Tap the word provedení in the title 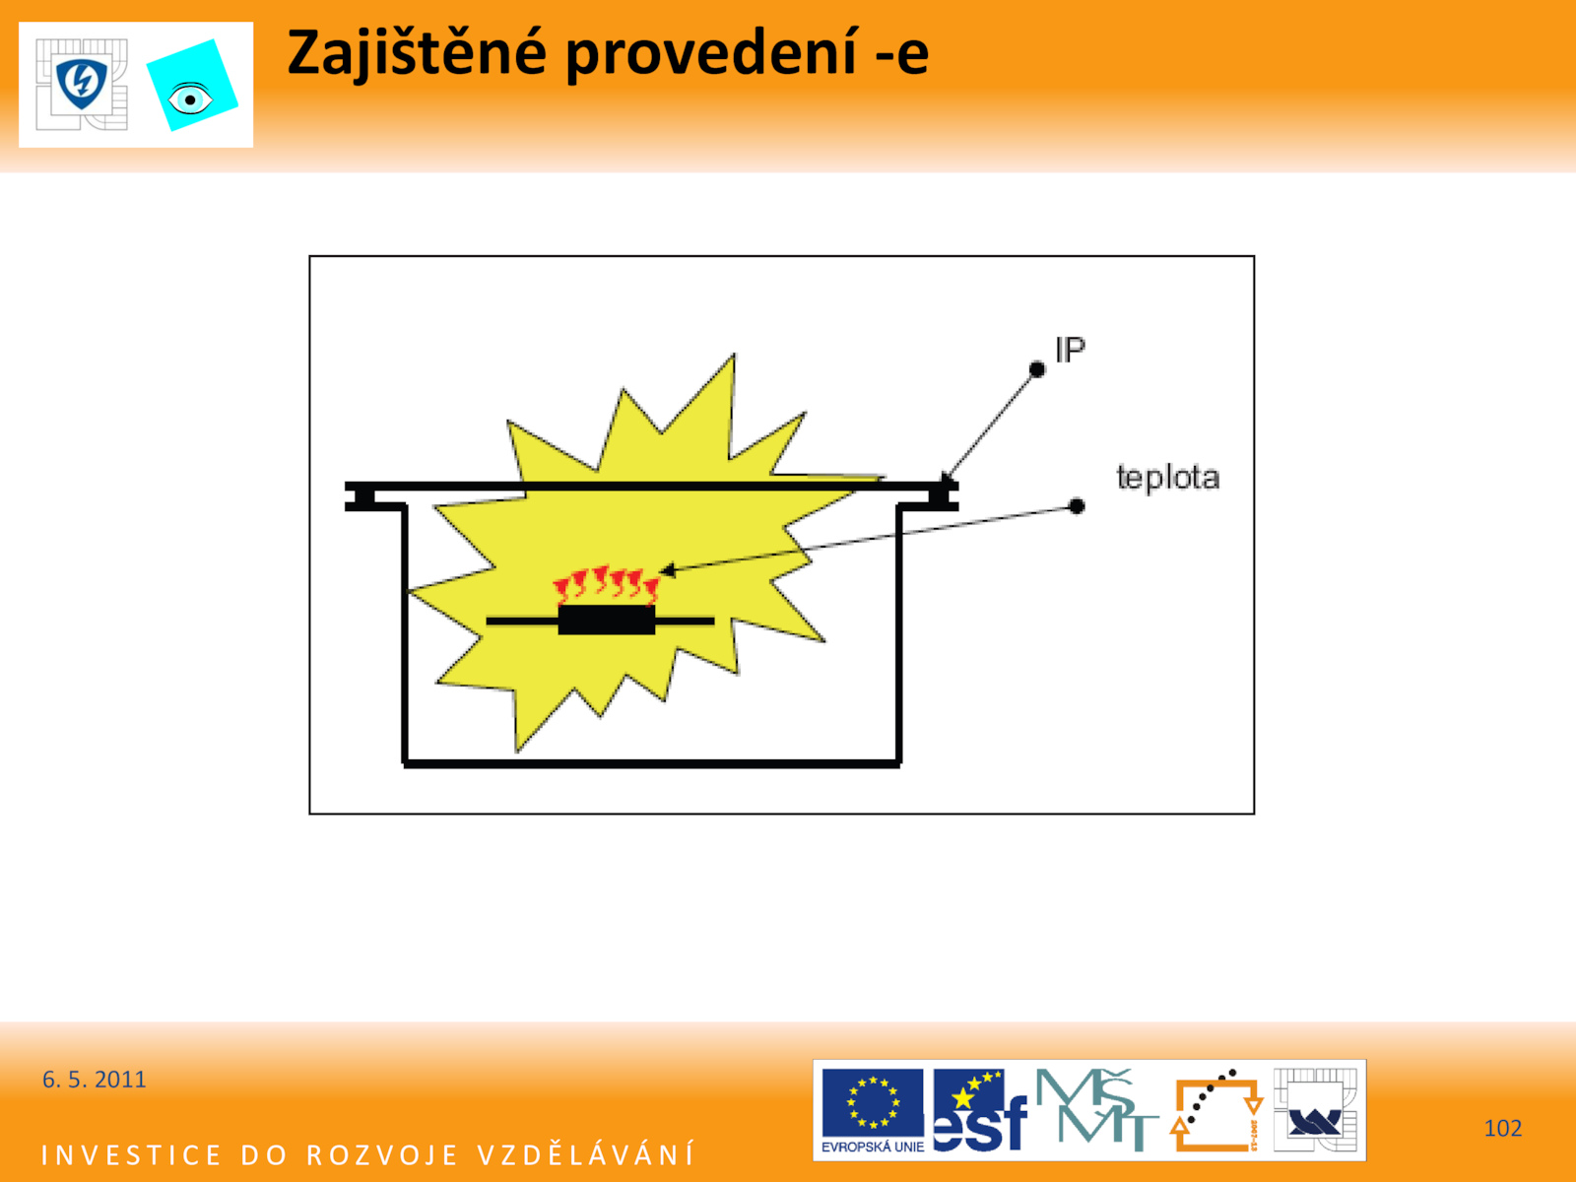711,54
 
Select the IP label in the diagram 1070,350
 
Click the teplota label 1167,478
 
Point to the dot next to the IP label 1037,369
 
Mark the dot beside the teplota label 1077,506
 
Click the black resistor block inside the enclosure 607,621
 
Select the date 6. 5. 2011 94,1080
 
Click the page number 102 1503,1128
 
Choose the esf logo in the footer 979,1110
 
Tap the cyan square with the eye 192,86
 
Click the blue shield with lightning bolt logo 82,84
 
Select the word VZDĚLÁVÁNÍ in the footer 586,1154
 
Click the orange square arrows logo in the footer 1216,1110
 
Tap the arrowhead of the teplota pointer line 667,570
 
